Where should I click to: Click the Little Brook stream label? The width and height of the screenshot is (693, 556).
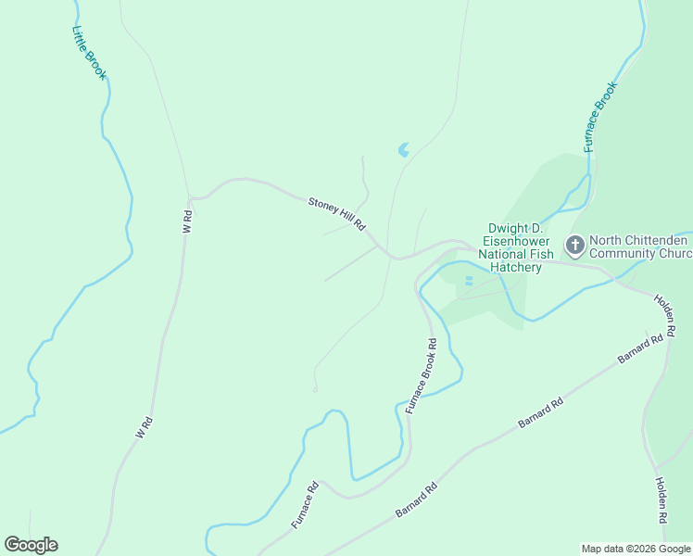[x=90, y=52]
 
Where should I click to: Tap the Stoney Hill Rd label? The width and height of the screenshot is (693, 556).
[x=338, y=214]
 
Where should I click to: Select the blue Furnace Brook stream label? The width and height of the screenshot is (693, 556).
[x=600, y=117]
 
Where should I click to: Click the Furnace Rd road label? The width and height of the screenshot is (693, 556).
[x=305, y=505]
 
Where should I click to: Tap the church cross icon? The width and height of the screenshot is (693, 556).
[x=574, y=246]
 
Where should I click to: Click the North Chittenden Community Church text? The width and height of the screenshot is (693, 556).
[x=640, y=246]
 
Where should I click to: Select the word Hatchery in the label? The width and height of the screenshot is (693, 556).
[x=517, y=268]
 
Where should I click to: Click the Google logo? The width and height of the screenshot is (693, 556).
[x=31, y=545]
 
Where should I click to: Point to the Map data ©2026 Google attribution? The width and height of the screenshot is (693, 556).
[x=636, y=549]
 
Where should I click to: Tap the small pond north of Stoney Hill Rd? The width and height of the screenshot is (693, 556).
[x=403, y=149]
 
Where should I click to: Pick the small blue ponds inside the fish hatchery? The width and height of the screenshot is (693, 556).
[x=468, y=280]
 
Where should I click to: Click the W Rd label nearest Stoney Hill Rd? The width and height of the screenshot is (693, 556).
[x=188, y=221]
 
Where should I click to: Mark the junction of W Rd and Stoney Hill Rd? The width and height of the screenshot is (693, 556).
[x=191, y=198]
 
